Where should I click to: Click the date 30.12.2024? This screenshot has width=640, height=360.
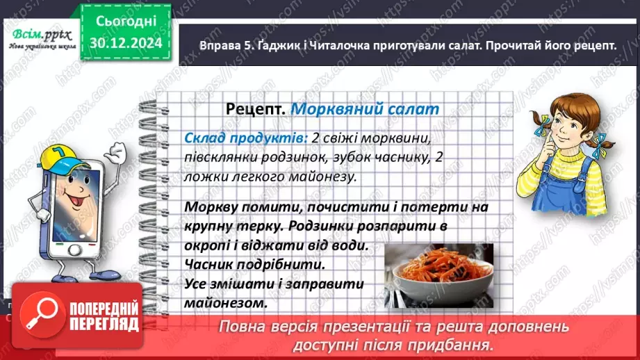126,42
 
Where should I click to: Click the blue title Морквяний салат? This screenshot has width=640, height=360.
365,109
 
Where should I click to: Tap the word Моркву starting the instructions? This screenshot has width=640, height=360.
213,207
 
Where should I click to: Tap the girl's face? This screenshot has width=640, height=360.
571,124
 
